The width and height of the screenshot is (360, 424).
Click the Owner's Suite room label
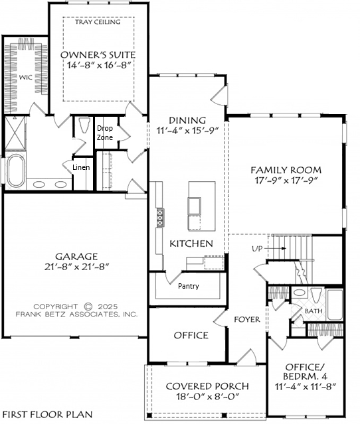[x=98, y=55]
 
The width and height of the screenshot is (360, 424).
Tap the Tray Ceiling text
[x=98, y=22]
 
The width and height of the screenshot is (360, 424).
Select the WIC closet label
[x=26, y=78]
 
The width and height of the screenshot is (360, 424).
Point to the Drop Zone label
[x=105, y=133]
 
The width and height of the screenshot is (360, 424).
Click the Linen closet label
[x=81, y=167]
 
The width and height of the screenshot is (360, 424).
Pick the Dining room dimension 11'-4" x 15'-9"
[x=187, y=130]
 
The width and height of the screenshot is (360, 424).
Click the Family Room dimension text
[x=286, y=180]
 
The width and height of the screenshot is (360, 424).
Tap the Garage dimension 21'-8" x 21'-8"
[x=76, y=267]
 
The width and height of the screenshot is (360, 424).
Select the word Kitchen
[x=191, y=244]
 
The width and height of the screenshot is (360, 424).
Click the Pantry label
[x=189, y=286]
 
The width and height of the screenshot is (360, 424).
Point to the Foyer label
[x=247, y=319]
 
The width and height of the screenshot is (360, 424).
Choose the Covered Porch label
[x=207, y=386]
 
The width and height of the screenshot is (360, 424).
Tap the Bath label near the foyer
[x=314, y=311]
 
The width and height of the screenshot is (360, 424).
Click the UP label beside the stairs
[x=258, y=248]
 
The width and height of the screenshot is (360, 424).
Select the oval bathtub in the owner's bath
[x=16, y=171]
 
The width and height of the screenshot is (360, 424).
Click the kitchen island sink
[x=195, y=206]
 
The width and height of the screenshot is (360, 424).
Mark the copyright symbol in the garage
[x=88, y=307]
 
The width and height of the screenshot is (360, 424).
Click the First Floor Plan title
[x=48, y=414]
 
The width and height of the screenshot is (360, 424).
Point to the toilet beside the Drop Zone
[x=84, y=125]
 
